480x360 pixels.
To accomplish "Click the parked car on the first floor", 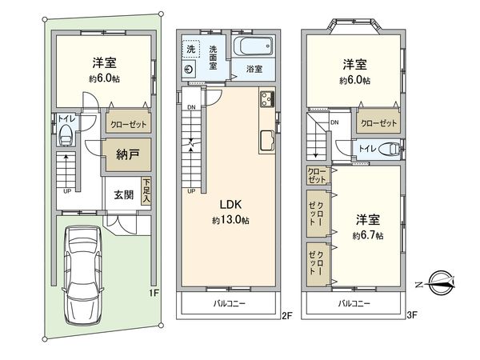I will point(83,271).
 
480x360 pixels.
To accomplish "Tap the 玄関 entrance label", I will point(122,194).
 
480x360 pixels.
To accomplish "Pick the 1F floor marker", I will point(157,293).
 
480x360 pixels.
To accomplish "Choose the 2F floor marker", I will point(287,315).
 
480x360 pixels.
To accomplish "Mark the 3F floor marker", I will point(413,315).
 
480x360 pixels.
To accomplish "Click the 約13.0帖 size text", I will point(230,219).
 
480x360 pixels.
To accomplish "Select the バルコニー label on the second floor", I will point(230,305).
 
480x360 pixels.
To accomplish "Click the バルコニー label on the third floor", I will point(354,305).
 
